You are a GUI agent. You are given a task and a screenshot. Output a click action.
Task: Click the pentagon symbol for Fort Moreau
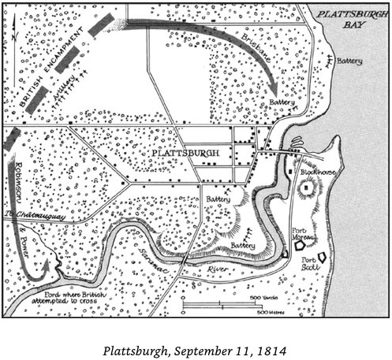pyautogui.click(x=301, y=246)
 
